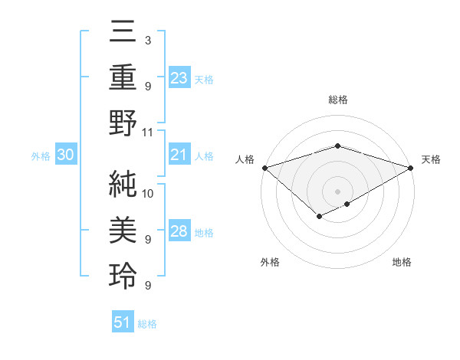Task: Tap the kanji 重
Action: pyautogui.click(x=123, y=77)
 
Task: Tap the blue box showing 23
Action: pyautogui.click(x=179, y=78)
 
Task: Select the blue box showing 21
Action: pyautogui.click(x=179, y=155)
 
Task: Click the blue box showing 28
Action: pyautogui.click(x=179, y=231)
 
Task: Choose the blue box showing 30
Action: pyautogui.click(x=65, y=155)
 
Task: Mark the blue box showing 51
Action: pyautogui.click(x=123, y=322)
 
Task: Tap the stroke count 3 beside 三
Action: pyautogui.click(x=147, y=40)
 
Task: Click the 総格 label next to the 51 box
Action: pyautogui.click(x=147, y=324)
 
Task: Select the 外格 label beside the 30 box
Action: pyautogui.click(x=41, y=156)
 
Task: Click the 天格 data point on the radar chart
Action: pyautogui.click(x=412, y=168)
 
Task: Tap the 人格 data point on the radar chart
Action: pyautogui.click(x=264, y=168)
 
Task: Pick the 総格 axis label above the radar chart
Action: pyautogui.click(x=338, y=100)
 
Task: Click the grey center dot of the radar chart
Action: pyautogui.click(x=338, y=191)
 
